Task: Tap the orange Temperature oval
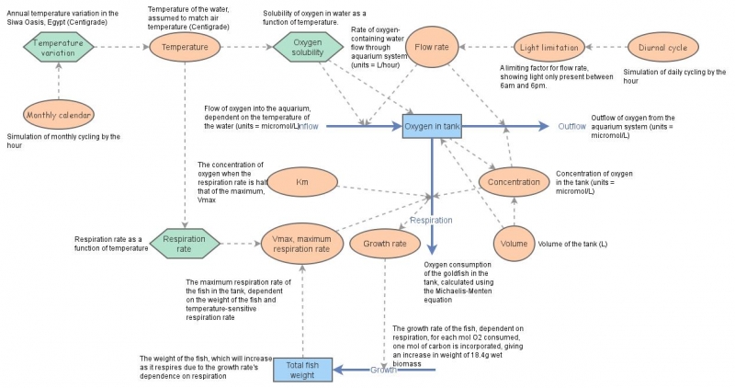(185, 47)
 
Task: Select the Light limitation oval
(548, 47)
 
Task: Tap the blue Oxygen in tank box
(432, 126)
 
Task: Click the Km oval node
(301, 181)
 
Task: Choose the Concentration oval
(514, 181)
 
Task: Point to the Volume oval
(513, 244)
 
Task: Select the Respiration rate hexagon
(185, 244)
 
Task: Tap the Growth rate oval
(385, 244)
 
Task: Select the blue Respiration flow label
(430, 221)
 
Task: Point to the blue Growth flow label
(383, 370)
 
